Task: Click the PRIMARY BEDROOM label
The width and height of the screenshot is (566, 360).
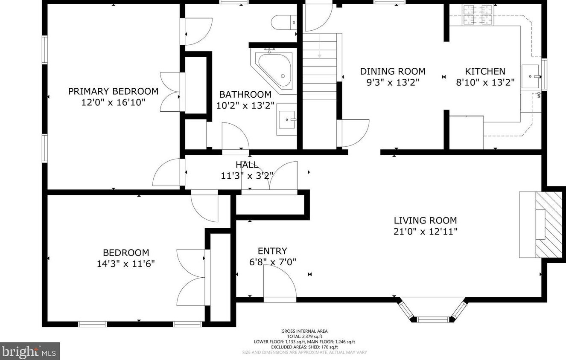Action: (113, 91)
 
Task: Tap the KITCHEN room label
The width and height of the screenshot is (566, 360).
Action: (485, 71)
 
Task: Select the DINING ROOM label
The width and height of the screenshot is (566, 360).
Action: (393, 71)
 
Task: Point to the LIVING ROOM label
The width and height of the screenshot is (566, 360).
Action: (425, 221)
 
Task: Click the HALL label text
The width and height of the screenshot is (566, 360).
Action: (247, 165)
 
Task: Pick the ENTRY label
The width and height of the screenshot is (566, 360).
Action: (272, 251)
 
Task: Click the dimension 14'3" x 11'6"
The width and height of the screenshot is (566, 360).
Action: (125, 264)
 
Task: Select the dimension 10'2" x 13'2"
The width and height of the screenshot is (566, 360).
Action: (245, 105)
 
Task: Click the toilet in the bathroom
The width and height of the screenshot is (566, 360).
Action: (284, 23)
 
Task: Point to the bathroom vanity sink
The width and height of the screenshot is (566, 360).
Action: (286, 119)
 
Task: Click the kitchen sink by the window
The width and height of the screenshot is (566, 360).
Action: (531, 76)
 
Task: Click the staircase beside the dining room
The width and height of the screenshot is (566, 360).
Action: (320, 67)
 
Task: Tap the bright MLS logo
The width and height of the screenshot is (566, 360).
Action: (30, 351)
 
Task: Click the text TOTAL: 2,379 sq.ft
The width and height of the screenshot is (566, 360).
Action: (304, 336)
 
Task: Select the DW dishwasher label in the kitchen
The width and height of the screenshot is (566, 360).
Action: (538, 95)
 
